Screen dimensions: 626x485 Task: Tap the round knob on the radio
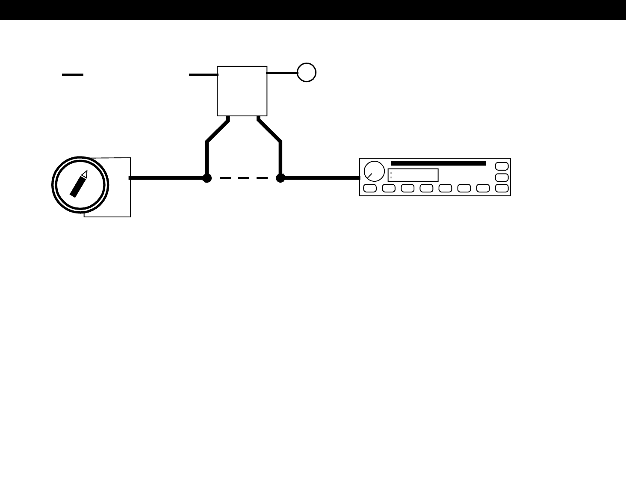374,172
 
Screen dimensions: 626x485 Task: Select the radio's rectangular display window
413,175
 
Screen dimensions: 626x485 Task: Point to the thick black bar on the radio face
438,163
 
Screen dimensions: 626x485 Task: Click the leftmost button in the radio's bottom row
370,188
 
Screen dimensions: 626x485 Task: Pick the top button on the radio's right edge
502,166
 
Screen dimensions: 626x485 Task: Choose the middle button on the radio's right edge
502,177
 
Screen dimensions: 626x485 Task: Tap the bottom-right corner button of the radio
502,188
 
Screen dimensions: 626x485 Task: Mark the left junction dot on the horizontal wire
207,178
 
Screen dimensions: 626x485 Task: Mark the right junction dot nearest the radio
281,178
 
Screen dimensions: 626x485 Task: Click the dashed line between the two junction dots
244,178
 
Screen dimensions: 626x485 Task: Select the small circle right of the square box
307,72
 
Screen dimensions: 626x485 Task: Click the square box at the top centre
242,91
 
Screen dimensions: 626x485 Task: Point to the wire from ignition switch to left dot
167,178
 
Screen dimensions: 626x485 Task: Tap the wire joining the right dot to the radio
321,178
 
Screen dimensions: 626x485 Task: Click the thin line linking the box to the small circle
282,73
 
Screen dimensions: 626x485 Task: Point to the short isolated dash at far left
73,74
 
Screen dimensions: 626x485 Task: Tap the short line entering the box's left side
203,74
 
